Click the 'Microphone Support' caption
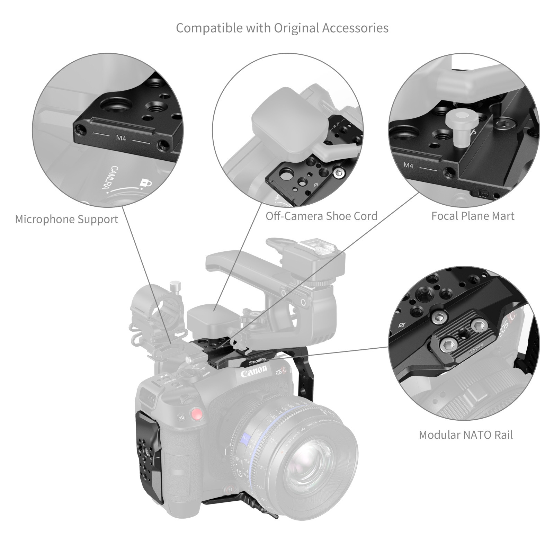66,219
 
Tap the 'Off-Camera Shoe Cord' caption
321,216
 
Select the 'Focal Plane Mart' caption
473,216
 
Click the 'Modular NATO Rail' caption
466,435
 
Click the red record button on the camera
197,414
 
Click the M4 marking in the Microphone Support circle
121,138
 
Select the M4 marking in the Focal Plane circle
408,166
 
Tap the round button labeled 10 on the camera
181,417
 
